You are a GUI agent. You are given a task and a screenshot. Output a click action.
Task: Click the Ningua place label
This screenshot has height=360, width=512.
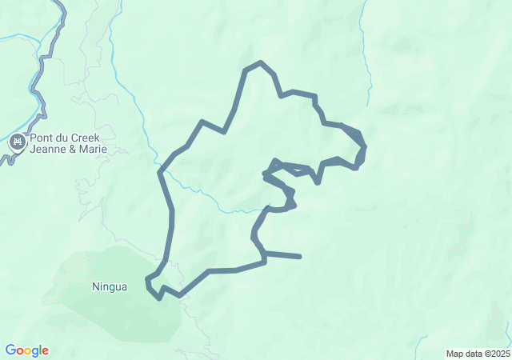pos(110,286)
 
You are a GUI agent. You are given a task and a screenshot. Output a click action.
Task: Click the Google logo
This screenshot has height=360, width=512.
pos(27,350)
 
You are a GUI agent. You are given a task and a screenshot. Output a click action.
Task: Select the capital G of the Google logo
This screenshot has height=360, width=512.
pos(10,350)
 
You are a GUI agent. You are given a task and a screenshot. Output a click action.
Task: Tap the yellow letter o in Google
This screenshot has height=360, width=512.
pos(28,351)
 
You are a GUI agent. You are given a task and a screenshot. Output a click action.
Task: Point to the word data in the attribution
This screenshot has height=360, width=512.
pos(473,354)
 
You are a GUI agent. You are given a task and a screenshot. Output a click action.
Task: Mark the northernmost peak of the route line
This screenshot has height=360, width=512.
pos(260,62)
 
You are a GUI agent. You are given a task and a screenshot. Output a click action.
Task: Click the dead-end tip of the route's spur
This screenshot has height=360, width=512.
pos(300,257)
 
